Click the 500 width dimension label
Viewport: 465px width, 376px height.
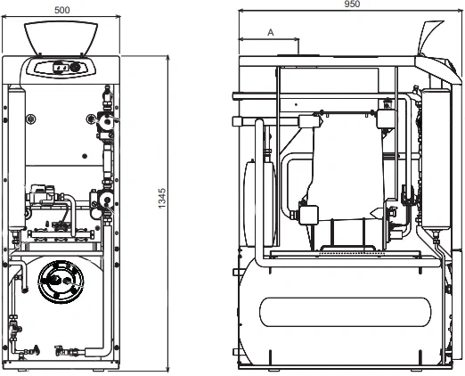point(62,10)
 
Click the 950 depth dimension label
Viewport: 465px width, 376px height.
point(352,4)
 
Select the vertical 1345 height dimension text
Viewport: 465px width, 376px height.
point(162,199)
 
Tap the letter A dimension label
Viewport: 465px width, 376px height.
point(271,32)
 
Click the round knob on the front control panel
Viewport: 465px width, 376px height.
point(75,68)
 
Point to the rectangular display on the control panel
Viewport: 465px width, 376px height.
point(61,68)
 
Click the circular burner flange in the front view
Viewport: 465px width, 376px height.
point(61,282)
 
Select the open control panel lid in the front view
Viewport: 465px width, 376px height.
point(61,38)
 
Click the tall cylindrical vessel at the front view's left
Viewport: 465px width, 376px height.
point(17,158)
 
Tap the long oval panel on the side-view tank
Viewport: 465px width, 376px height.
point(345,312)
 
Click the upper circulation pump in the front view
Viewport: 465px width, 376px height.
point(105,121)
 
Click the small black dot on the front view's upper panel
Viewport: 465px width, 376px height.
point(85,156)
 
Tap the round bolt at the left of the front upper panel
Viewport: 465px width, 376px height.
point(30,119)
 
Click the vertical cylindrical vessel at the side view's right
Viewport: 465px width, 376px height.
point(436,159)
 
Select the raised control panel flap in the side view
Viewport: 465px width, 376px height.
point(430,37)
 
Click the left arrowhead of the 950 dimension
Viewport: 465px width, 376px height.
point(241,11)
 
